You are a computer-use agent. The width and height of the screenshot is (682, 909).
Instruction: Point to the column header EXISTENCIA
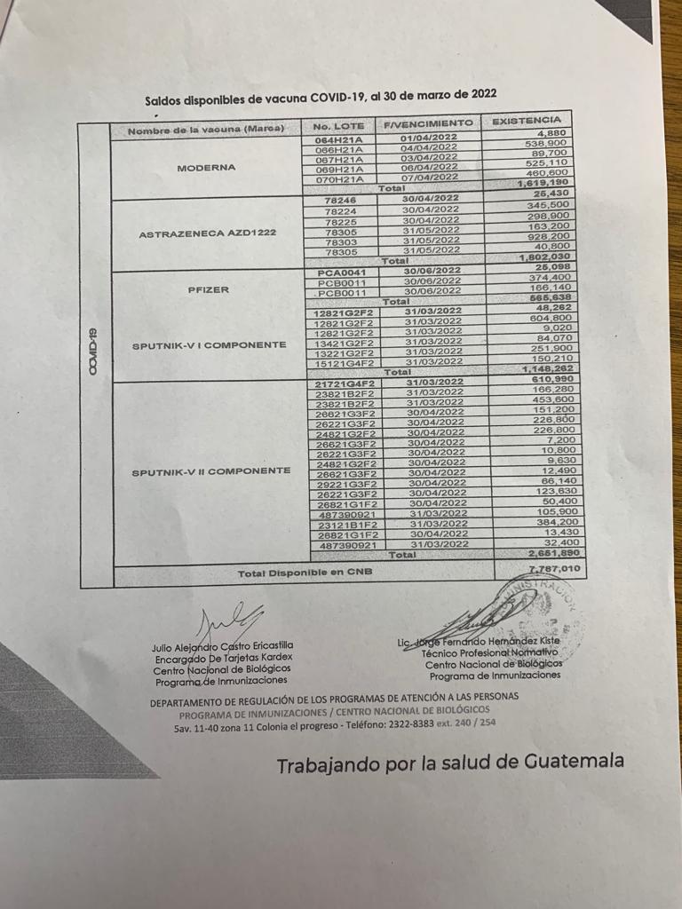click(526, 119)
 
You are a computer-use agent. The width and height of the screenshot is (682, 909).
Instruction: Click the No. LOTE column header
click(338, 126)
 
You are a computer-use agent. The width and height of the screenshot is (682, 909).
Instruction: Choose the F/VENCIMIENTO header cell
click(428, 123)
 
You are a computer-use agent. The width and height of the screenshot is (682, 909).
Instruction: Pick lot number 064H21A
click(339, 139)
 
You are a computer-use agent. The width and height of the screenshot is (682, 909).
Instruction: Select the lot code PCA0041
click(342, 271)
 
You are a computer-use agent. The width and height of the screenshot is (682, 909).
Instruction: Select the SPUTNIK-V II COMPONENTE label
click(210, 470)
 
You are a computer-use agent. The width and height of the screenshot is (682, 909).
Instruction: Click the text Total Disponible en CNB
click(305, 573)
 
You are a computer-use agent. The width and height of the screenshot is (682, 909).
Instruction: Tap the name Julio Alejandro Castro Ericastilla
click(222, 645)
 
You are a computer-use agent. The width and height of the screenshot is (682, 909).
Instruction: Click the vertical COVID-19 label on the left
click(93, 351)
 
